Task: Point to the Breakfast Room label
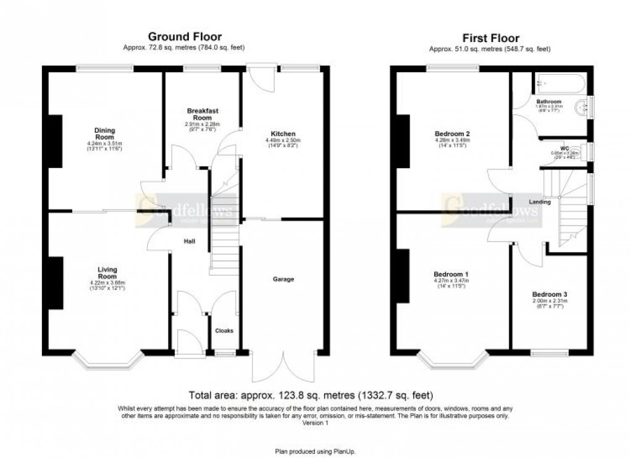pyautogui.click(x=203, y=114)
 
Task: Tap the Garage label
pyautogui.click(x=283, y=279)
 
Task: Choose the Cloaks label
pyautogui.click(x=224, y=331)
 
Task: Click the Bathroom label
pyautogui.click(x=548, y=101)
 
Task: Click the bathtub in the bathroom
pyautogui.click(x=560, y=83)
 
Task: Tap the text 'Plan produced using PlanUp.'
pyautogui.click(x=315, y=451)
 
